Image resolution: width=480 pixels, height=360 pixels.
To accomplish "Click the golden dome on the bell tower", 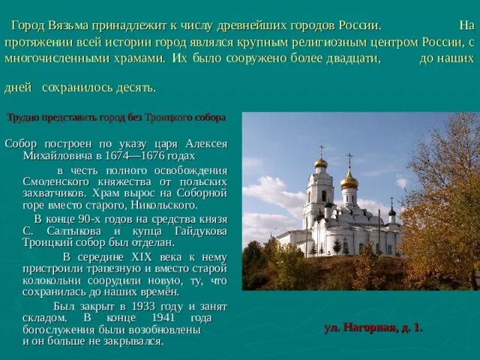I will (x=321, y=163).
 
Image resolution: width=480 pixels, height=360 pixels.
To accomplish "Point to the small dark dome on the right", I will (x=391, y=212).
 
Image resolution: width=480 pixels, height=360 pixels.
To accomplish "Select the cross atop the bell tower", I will (x=321, y=150).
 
